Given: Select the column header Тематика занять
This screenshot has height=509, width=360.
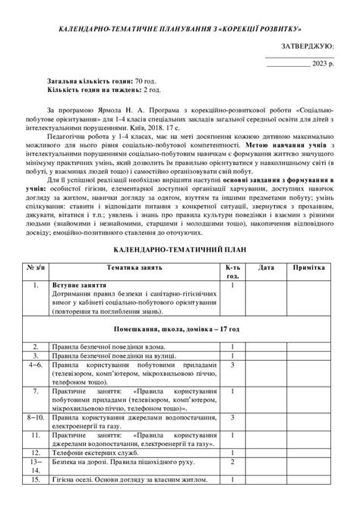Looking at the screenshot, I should [134, 268].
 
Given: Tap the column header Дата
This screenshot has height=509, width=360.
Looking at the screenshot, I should [266, 268].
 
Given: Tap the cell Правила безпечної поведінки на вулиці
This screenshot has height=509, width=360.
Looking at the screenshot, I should [110, 355].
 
